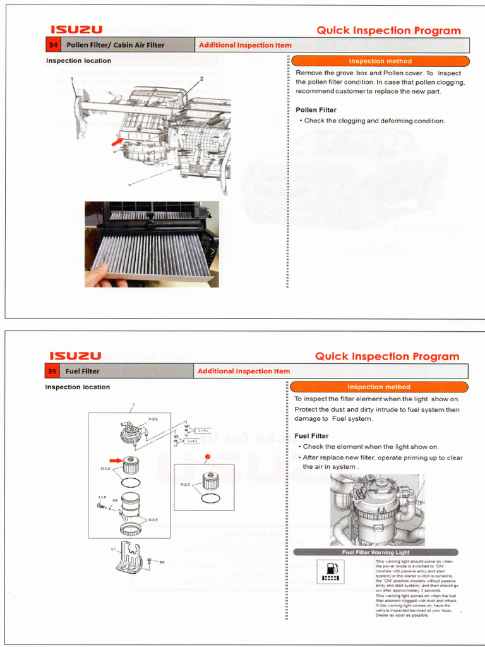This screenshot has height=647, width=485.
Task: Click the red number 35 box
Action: coord(52,371)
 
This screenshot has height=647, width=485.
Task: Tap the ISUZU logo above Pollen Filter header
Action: coord(76,30)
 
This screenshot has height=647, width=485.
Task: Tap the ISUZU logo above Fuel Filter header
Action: coord(76,356)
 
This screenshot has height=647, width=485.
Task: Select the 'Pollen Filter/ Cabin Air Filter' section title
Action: coord(116,45)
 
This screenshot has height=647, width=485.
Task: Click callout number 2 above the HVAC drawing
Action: coord(201,79)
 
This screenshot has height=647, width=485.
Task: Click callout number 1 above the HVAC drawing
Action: coord(73,79)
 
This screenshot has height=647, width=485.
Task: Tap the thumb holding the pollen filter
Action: coord(98,275)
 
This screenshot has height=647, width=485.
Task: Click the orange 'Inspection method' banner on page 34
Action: coord(380,61)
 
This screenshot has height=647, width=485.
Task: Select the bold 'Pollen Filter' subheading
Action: coord(316,110)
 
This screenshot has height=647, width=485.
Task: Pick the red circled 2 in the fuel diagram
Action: coord(207,456)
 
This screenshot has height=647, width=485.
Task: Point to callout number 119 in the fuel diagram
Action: coord(102,497)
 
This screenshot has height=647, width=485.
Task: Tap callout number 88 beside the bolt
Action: coord(162,562)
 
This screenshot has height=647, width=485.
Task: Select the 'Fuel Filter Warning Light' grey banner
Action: coord(376,552)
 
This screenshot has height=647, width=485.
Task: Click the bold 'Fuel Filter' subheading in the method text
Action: coord(311,436)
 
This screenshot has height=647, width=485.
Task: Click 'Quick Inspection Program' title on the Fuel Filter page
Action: coord(387,356)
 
